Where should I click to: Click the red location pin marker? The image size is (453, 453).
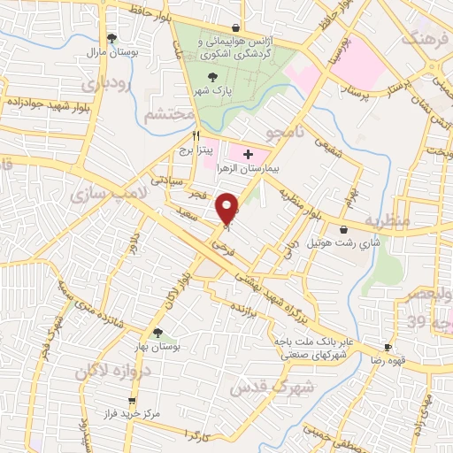[228, 209]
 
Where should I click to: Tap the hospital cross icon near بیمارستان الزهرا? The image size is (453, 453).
[247, 154]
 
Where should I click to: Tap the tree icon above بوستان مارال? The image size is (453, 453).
[111, 37]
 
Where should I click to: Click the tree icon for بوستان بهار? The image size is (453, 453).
[157, 334]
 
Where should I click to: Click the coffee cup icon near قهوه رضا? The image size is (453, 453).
[387, 347]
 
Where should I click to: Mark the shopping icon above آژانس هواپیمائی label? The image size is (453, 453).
[234, 27]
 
